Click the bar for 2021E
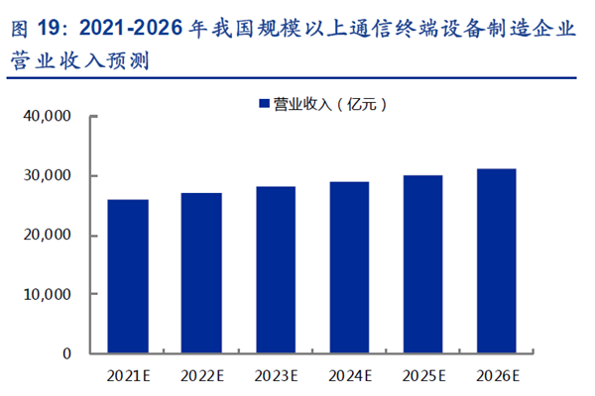click(128, 276)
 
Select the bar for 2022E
click(201, 273)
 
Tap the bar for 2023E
click(275, 269)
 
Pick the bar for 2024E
click(349, 267)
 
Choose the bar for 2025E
click(422, 264)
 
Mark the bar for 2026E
click(496, 261)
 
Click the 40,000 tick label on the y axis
click(48, 117)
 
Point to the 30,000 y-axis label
click(48, 176)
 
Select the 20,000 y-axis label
click(48, 236)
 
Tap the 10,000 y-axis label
click(48, 295)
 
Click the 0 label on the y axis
click(67, 353)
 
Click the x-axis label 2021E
click(128, 375)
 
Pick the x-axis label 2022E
click(201, 375)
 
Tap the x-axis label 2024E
click(349, 375)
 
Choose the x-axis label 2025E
click(422, 375)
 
